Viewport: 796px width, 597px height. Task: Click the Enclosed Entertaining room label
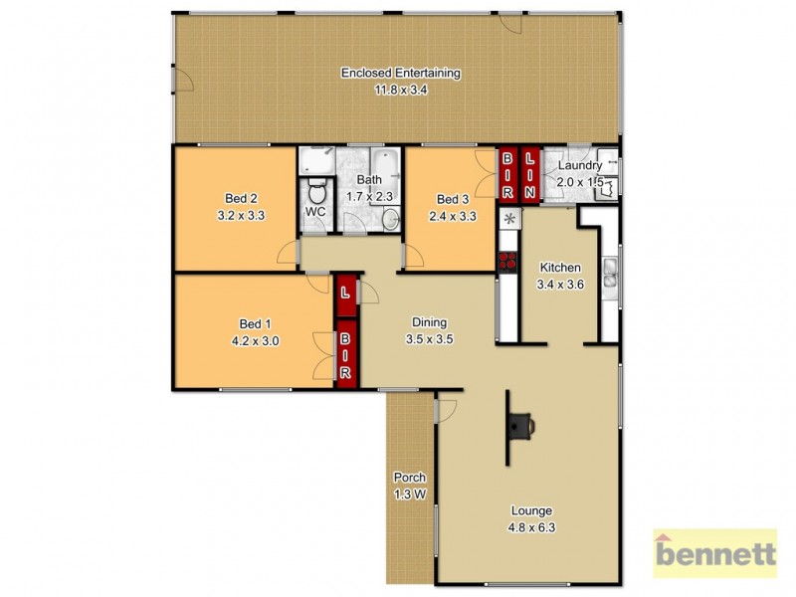point(401,73)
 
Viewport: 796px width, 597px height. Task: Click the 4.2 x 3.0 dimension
point(255,339)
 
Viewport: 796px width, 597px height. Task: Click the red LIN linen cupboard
point(529,173)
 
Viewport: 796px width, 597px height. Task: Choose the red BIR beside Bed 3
point(507,173)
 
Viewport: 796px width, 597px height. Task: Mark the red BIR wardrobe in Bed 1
point(346,355)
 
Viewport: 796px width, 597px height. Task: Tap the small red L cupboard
point(344,294)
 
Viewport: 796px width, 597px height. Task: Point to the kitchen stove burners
point(507,263)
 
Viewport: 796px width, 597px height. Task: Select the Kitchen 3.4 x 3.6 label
point(560,276)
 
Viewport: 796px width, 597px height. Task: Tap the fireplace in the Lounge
point(518,426)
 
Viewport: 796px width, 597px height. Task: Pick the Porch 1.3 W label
point(409,484)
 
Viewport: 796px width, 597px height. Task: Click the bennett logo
point(713,554)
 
